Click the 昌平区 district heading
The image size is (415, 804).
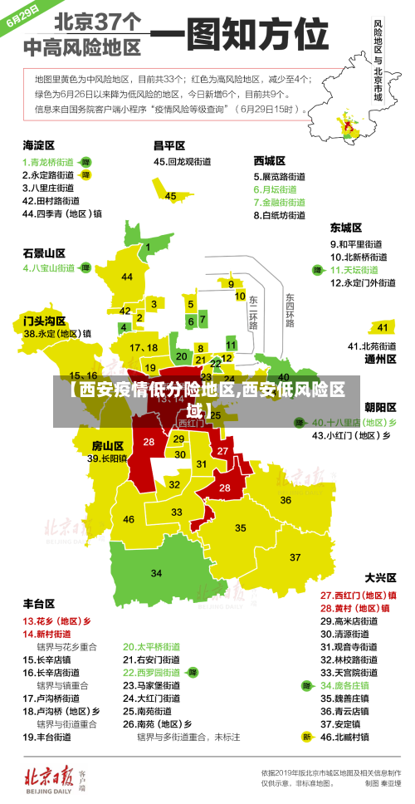(x=169, y=145)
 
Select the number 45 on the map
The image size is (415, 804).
(x=170, y=196)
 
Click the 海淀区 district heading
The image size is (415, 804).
(x=38, y=145)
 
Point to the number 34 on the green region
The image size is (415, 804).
(x=156, y=573)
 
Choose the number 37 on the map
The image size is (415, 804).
(x=295, y=556)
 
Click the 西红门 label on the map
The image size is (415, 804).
(x=191, y=423)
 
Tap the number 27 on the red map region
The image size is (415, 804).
(x=222, y=450)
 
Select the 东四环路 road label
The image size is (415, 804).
(x=290, y=310)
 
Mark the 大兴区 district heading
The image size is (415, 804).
(x=381, y=576)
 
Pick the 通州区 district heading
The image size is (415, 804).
(x=381, y=360)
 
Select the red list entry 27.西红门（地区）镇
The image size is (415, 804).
(x=359, y=595)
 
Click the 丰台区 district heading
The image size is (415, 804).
(x=38, y=603)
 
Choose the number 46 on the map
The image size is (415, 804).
(x=129, y=519)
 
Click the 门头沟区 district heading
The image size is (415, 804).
(x=44, y=320)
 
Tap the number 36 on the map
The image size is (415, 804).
(x=286, y=500)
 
